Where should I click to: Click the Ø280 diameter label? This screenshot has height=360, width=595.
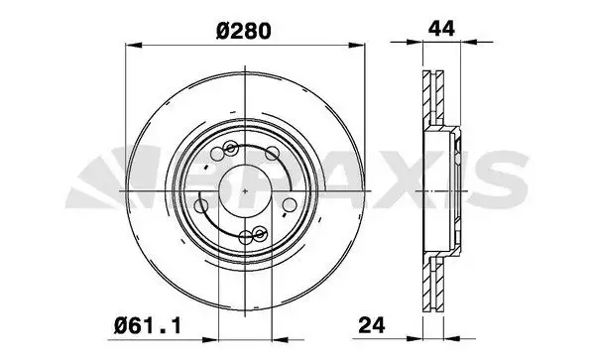(x=244, y=31)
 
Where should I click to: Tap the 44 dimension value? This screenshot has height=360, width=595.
(x=441, y=29)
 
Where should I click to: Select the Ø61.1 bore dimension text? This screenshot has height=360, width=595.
(x=148, y=326)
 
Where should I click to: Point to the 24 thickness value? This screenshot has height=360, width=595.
(x=372, y=325)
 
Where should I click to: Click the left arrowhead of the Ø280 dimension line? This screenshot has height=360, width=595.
(x=133, y=46)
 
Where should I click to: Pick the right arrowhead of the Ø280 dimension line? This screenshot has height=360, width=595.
(x=357, y=46)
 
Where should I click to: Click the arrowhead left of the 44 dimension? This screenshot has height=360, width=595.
(x=415, y=42)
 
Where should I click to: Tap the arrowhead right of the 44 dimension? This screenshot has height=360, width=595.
(x=468, y=42)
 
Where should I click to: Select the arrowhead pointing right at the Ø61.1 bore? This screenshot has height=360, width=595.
(x=210, y=339)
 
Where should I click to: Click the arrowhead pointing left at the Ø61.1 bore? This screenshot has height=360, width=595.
(x=281, y=339)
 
